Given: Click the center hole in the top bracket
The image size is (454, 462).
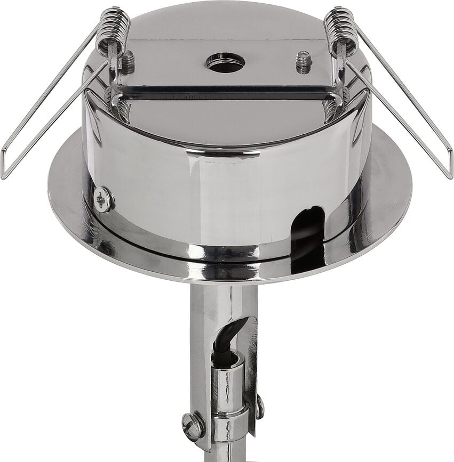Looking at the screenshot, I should (x=225, y=62).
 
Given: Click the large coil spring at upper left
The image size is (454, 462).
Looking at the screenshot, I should (x=114, y=29).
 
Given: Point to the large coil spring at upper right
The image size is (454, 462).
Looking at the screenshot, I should (x=341, y=29).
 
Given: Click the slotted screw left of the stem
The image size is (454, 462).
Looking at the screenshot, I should (x=193, y=426).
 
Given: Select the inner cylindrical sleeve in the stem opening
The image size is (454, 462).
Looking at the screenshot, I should (x=228, y=378).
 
